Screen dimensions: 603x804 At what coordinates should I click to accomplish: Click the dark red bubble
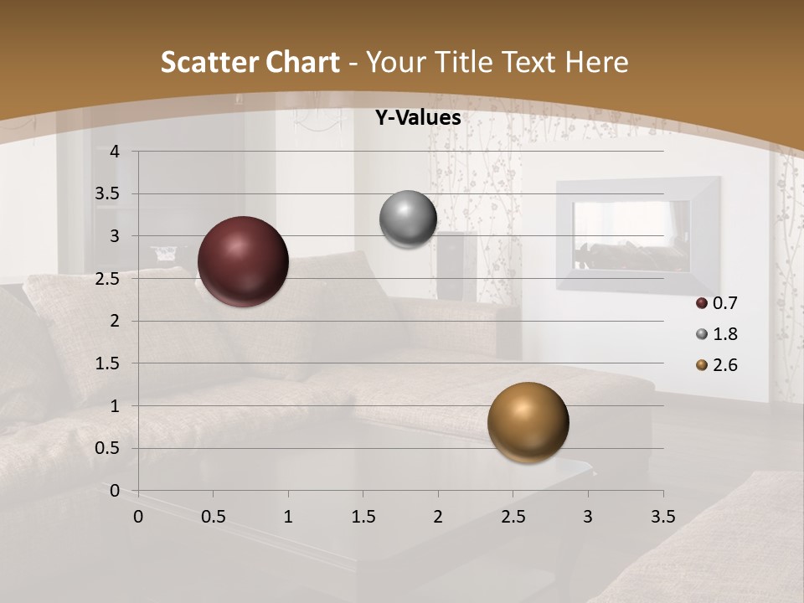(243, 261)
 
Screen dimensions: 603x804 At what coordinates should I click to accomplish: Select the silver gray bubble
(408, 219)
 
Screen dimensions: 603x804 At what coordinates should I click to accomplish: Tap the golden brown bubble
(528, 422)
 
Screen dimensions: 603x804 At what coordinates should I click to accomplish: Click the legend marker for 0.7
(702, 303)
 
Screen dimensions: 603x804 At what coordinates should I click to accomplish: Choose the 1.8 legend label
(724, 334)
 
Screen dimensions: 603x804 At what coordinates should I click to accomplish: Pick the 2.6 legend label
(724, 365)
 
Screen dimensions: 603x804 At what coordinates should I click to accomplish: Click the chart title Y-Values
(417, 118)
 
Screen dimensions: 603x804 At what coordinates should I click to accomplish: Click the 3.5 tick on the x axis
(662, 517)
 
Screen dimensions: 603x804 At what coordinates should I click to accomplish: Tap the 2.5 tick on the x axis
(513, 517)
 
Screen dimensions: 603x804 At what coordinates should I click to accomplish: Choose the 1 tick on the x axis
(288, 517)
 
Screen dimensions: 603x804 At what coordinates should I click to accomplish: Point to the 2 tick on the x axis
(438, 517)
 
